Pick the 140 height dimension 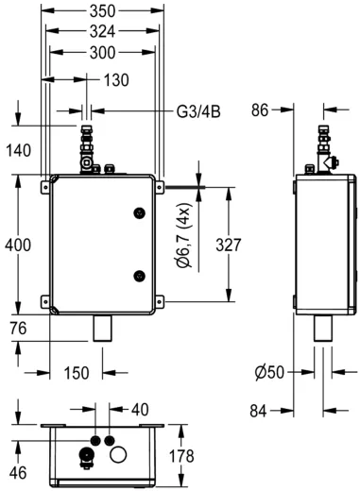(x=19, y=149)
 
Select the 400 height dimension (x=19, y=245)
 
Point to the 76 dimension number (x=17, y=329)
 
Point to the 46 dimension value (x=17, y=471)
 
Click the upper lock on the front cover (x=139, y=211)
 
